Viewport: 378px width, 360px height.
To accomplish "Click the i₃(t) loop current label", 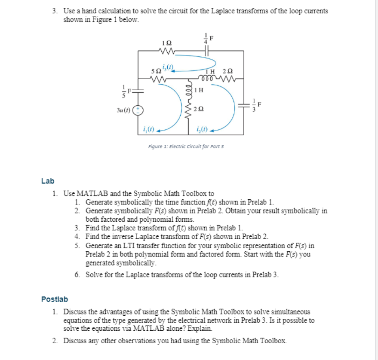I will point(171,67).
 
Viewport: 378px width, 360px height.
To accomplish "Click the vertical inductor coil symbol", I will point(188,90).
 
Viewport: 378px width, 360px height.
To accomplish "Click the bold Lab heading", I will point(47,181).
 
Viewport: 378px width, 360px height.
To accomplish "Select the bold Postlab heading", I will point(54,299).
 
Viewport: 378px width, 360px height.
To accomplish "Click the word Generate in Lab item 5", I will point(99,246).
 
